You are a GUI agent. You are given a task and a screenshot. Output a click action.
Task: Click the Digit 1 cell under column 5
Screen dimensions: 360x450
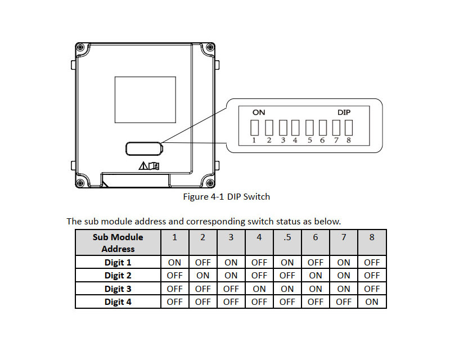[287, 262]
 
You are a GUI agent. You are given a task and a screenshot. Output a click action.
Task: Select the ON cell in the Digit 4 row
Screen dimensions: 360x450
[372, 302]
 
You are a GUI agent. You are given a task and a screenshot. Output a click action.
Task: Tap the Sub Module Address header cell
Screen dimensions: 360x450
[118, 242]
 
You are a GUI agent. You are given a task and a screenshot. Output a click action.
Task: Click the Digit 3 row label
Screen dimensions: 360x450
[118, 289]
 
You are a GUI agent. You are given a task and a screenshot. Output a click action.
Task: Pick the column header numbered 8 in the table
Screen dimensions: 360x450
[372, 237]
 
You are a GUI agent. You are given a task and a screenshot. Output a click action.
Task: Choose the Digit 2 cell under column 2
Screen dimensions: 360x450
[202, 276]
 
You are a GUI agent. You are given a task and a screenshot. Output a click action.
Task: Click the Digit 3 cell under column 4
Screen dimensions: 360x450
[259, 289]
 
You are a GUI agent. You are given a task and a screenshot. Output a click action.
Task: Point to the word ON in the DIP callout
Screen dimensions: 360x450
[259, 112]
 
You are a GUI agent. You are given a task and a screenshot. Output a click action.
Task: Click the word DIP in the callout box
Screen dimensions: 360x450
[344, 112]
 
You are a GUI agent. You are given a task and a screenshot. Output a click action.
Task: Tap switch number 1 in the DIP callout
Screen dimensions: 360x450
[254, 128]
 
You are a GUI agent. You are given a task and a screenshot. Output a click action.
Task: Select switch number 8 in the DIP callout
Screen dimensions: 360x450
[349, 128]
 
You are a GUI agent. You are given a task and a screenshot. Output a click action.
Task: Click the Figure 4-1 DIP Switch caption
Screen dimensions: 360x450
[227, 197]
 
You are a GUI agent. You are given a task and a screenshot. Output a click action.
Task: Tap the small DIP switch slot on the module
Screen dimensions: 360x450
[144, 148]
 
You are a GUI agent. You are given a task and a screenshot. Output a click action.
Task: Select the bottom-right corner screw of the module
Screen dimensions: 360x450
[209, 183]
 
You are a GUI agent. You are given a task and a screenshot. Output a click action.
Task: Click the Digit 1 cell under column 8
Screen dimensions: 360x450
[372, 262]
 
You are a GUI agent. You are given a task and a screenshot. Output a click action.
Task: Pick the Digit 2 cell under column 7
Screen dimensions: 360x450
[344, 276]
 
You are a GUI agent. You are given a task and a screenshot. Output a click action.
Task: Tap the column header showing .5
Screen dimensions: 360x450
[287, 237]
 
